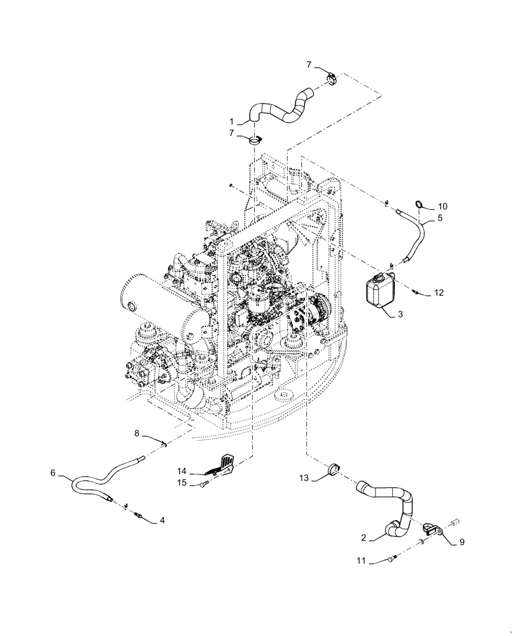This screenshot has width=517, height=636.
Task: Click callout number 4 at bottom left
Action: click(162, 520)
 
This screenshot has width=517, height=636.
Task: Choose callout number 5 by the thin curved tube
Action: click(440, 218)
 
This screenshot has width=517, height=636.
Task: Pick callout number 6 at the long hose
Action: click(53, 473)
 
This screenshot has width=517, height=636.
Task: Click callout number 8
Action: click(137, 434)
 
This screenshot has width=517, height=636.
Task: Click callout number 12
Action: click(438, 293)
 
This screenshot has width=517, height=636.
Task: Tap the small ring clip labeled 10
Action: click(419, 204)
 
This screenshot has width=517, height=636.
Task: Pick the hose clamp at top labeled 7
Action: click(332, 78)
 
